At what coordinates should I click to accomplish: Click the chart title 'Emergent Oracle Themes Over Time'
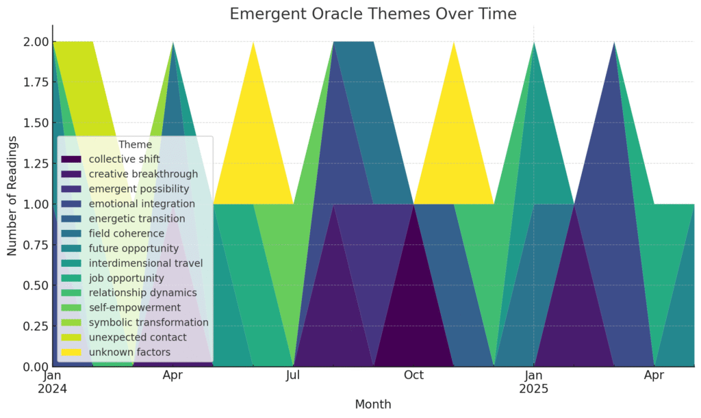tap(373, 14)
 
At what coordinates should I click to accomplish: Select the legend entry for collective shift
tap(110, 159)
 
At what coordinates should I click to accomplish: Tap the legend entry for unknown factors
tap(116, 352)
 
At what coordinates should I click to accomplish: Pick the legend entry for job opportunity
tap(113, 278)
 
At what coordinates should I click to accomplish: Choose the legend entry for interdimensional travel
tap(132, 263)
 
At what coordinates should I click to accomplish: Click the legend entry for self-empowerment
tap(120, 307)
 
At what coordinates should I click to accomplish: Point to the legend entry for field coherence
tap(113, 233)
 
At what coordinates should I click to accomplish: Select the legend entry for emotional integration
tap(128, 204)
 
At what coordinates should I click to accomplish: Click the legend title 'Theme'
tap(136, 144)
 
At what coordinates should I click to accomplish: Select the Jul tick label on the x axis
tap(293, 375)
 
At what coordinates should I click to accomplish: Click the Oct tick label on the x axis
tap(413, 375)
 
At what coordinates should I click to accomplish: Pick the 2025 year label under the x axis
tap(533, 389)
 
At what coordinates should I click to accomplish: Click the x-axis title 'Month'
tap(373, 404)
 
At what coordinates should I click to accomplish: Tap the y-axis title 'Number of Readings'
tap(12, 196)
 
